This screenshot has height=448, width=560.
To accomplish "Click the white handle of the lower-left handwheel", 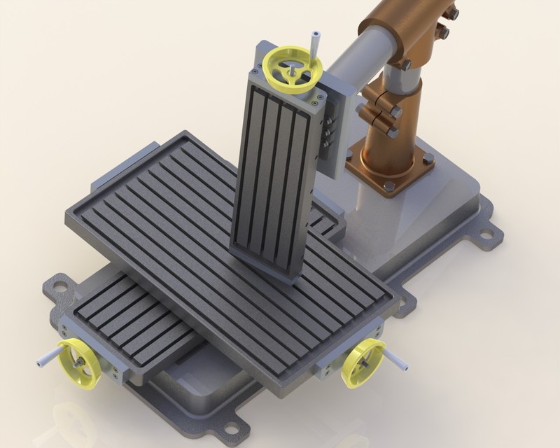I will point(43,358).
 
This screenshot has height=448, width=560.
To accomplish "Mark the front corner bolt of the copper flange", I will point(389,186).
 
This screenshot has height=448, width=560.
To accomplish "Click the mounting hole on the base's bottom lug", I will point(231,423).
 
